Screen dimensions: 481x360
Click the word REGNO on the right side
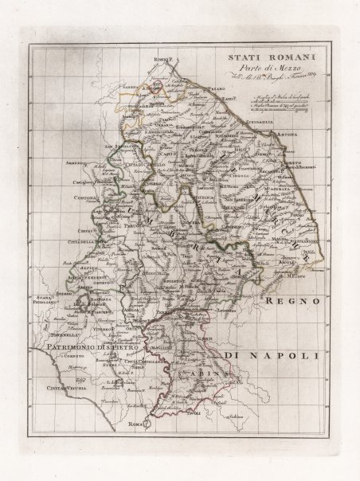(293, 301)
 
